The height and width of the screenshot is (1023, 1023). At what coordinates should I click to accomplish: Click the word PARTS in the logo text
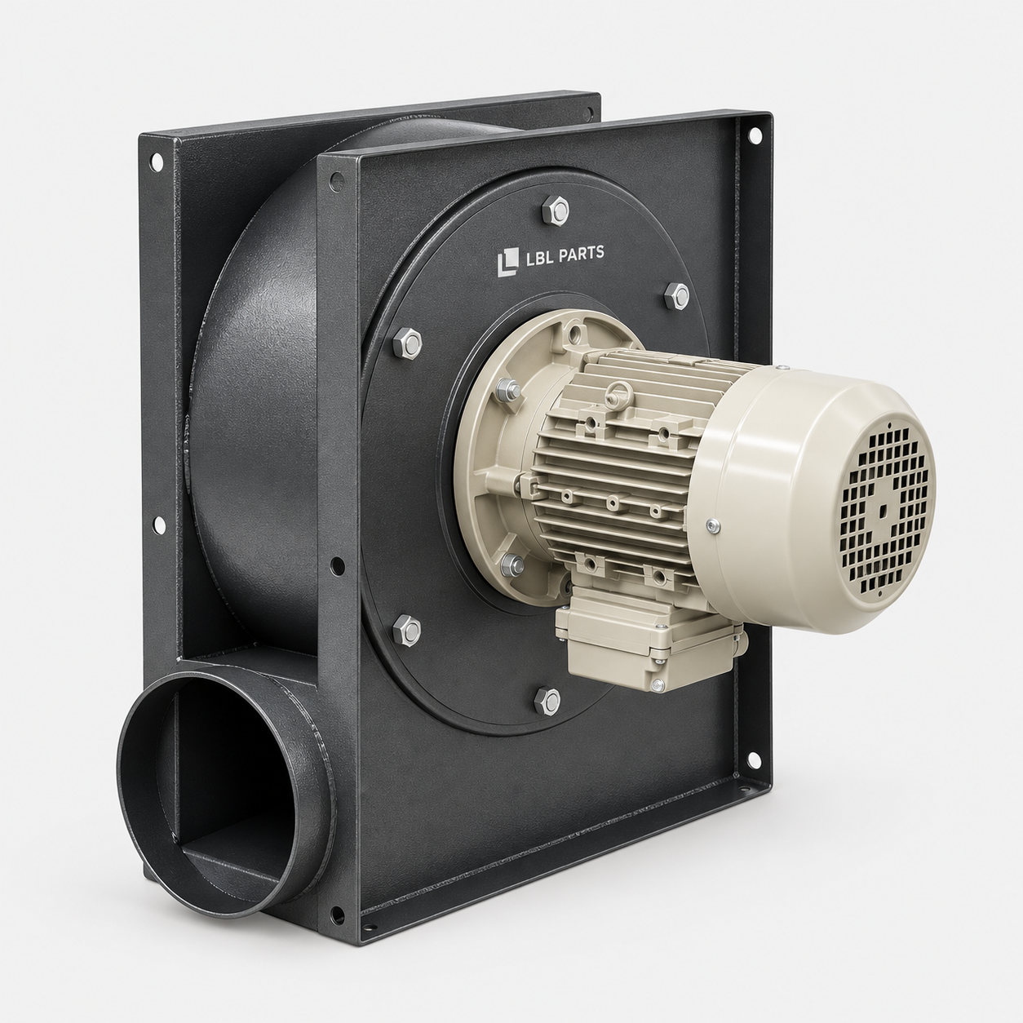[579, 253]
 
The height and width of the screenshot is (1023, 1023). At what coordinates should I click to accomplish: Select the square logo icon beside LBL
[507, 263]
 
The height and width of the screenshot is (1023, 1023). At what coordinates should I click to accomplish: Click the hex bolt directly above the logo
[556, 209]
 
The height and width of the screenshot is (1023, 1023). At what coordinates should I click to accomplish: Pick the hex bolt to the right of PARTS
[677, 295]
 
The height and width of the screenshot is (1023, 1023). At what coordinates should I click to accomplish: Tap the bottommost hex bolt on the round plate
[547, 700]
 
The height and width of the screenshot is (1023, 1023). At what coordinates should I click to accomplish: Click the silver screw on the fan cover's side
[714, 526]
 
